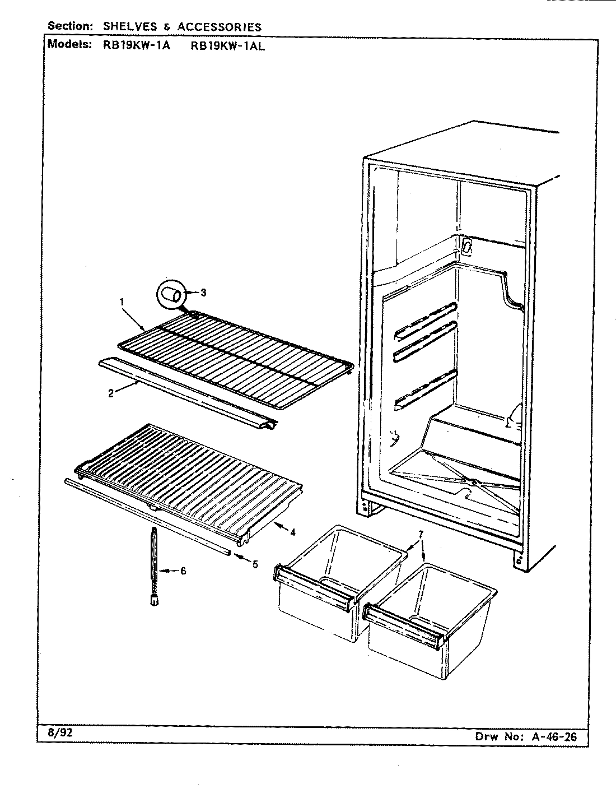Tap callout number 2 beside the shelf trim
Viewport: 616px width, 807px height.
point(111,393)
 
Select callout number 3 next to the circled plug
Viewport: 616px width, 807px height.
point(203,293)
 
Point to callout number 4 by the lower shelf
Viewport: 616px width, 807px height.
point(292,532)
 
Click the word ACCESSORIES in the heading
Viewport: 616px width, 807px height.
point(219,26)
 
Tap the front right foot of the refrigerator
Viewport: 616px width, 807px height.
point(520,560)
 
